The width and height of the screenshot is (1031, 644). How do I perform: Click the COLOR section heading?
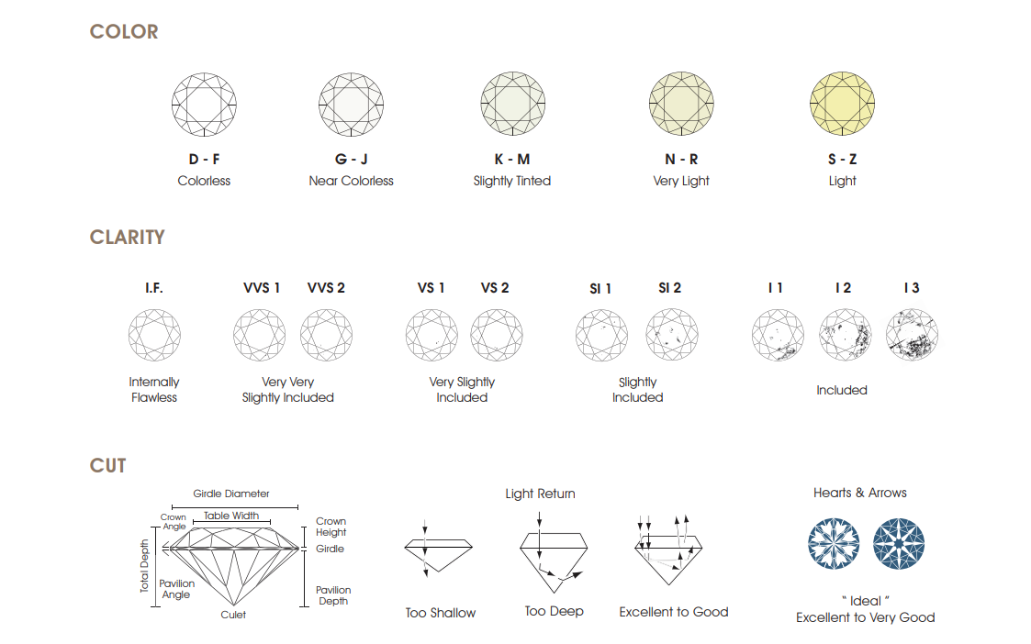(x=124, y=31)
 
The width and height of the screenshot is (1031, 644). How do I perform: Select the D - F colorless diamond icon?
(x=204, y=105)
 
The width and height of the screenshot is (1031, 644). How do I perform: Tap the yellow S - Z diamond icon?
(x=842, y=104)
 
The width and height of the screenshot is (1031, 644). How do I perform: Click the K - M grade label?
(x=512, y=159)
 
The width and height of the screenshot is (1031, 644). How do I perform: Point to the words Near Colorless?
(x=351, y=181)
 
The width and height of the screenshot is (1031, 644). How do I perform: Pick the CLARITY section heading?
(x=127, y=238)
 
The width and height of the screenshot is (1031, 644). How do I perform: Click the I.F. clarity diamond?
(x=154, y=335)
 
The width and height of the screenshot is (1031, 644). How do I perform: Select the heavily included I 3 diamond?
(x=912, y=335)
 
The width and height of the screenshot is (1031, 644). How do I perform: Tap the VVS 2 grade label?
(x=326, y=288)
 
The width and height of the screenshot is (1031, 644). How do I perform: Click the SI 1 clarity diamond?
(x=601, y=335)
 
